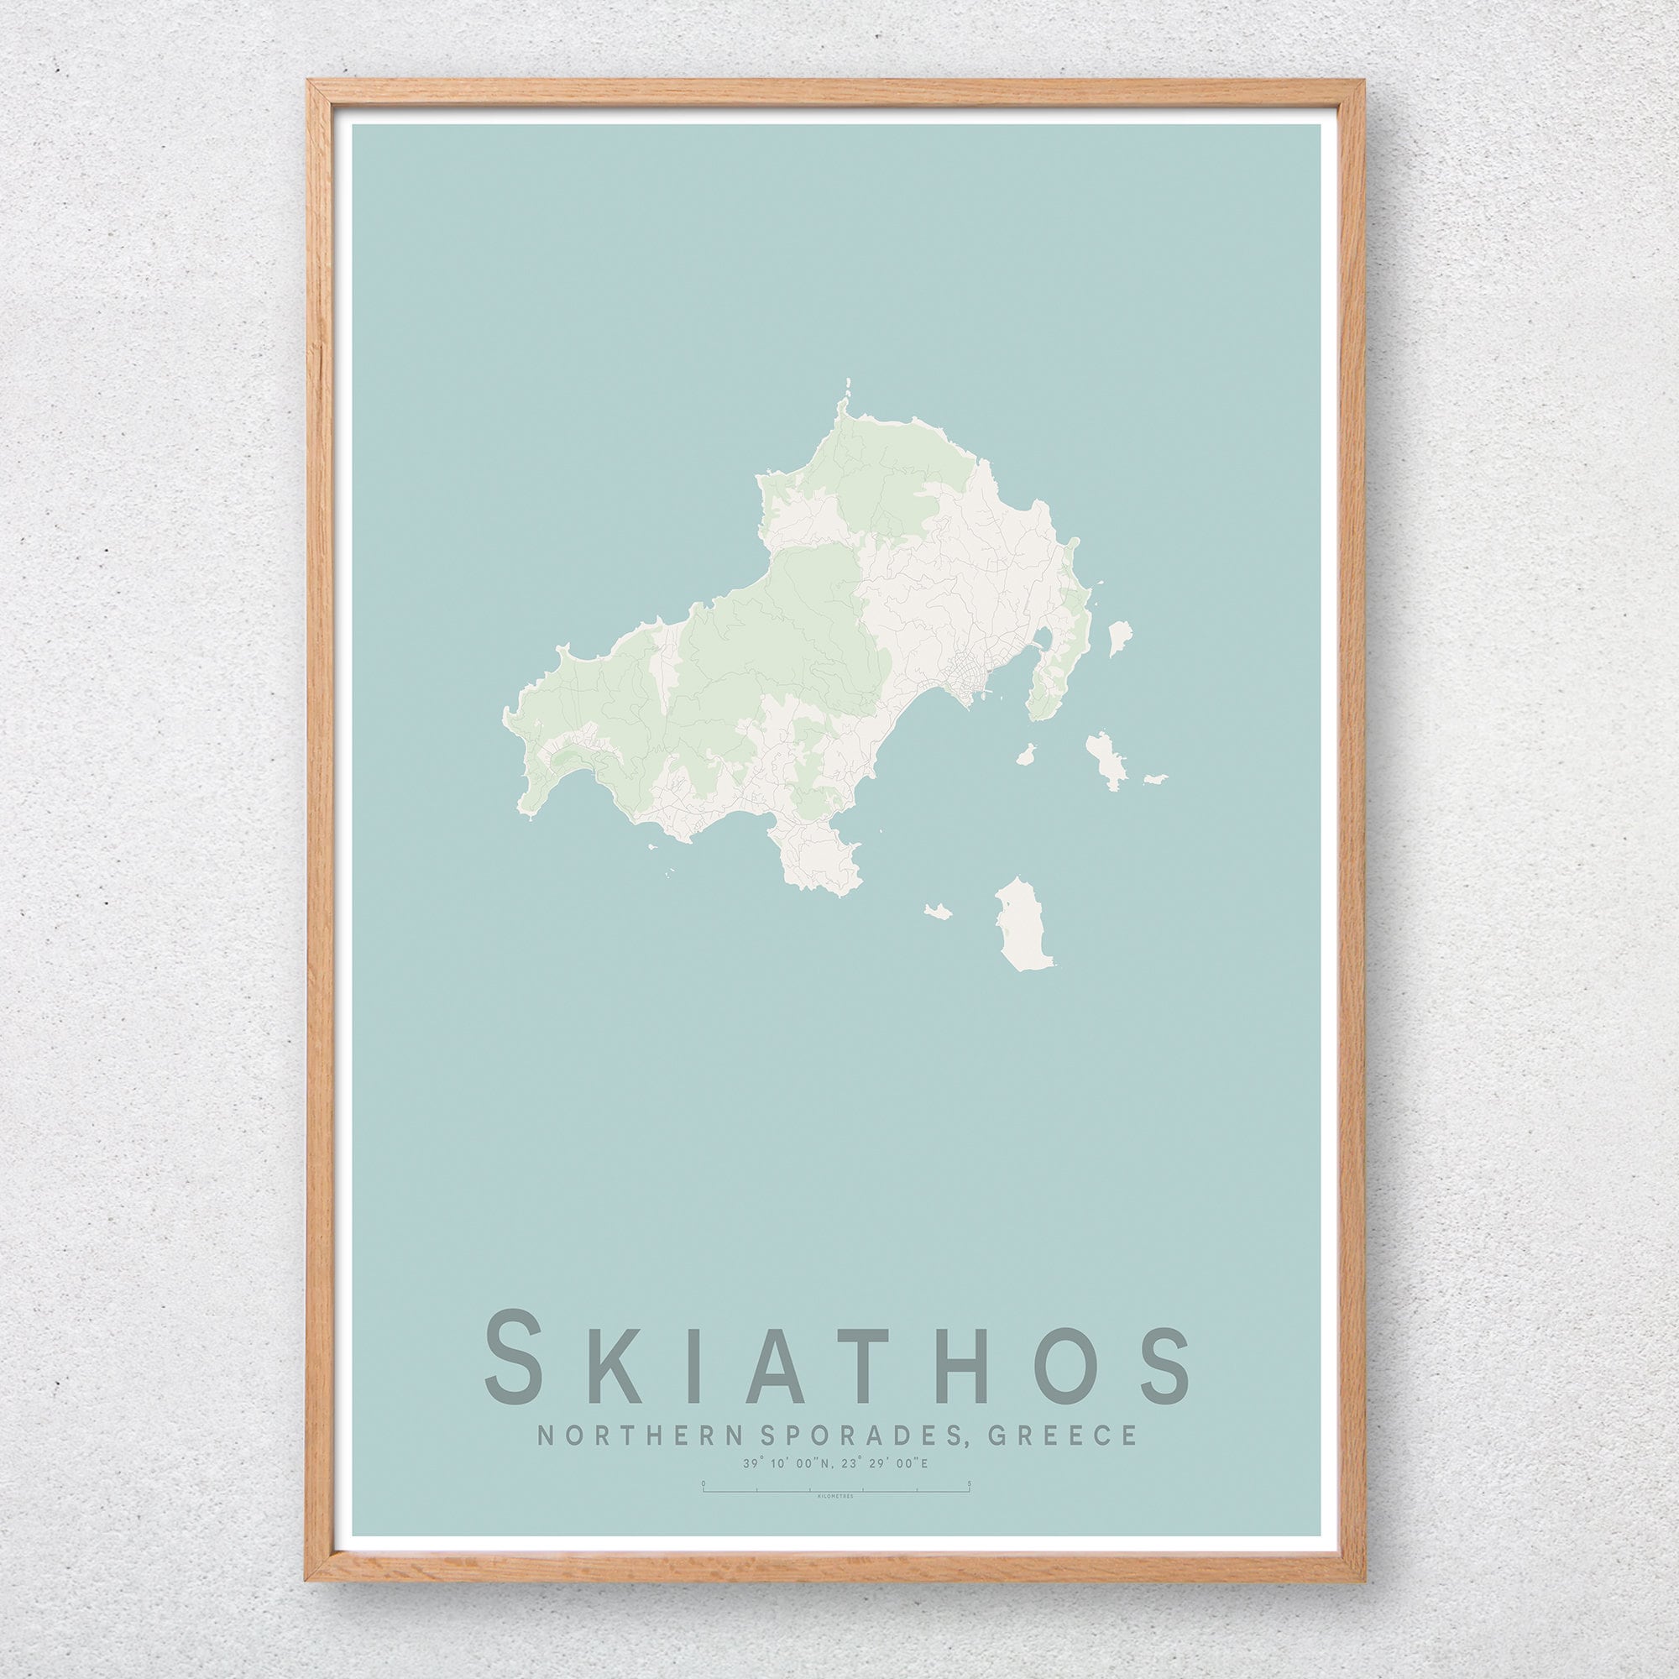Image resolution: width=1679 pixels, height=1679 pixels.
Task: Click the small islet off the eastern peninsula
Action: [x=1120, y=637]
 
